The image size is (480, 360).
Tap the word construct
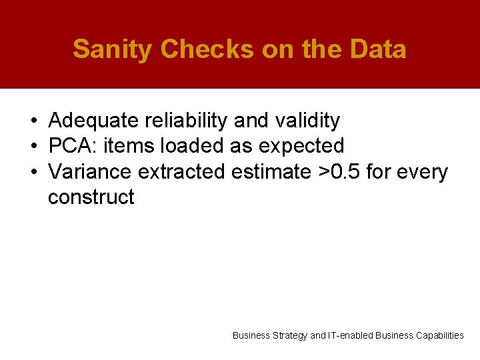pyautogui.click(x=91, y=197)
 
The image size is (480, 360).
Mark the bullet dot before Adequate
pyautogui.click(x=33, y=121)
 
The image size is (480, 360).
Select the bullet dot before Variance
pyautogui.click(x=33, y=173)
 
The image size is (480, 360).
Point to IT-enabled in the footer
pyautogui.click(x=351, y=336)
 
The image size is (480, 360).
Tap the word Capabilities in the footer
pyautogui.click(x=439, y=336)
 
